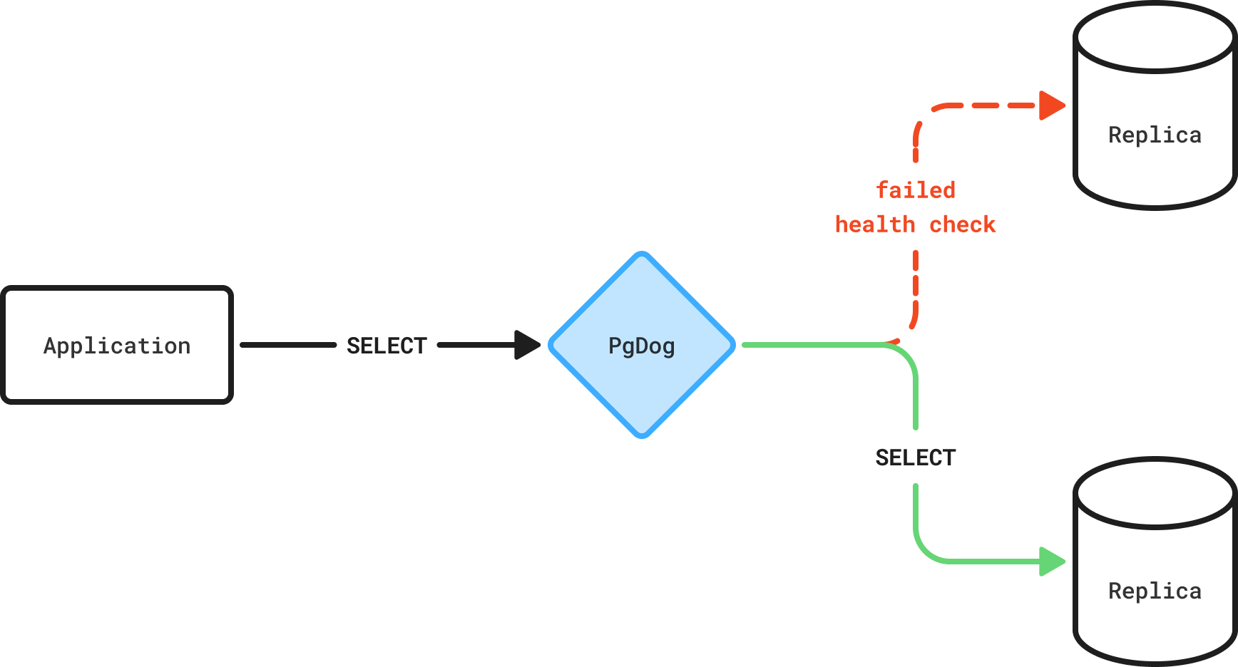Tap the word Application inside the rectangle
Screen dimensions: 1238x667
click(117, 346)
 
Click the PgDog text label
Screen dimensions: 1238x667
click(642, 346)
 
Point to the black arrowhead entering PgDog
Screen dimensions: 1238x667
click(528, 345)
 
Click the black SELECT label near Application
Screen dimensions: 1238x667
click(387, 346)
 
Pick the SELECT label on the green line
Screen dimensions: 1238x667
click(916, 457)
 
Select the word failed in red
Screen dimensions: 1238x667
click(916, 190)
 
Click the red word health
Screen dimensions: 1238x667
click(875, 224)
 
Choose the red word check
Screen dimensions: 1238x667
click(963, 224)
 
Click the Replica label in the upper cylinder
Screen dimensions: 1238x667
click(1155, 135)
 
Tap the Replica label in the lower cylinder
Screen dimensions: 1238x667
click(1155, 591)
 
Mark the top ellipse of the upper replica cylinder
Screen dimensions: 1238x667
click(1155, 71)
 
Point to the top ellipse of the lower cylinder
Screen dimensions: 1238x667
click(1155, 527)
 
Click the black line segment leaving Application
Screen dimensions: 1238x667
click(288, 345)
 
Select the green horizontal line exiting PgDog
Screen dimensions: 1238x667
click(813, 345)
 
